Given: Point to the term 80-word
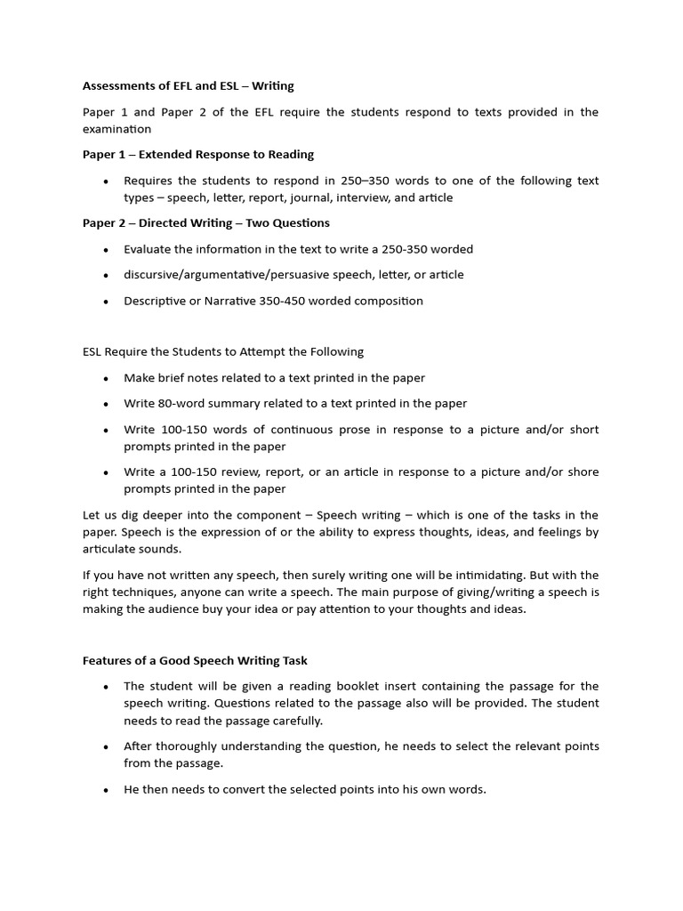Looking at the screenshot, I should (x=183, y=403).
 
